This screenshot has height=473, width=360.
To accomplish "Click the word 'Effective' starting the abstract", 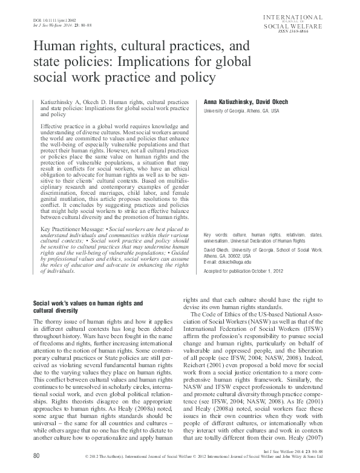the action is (52, 125).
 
